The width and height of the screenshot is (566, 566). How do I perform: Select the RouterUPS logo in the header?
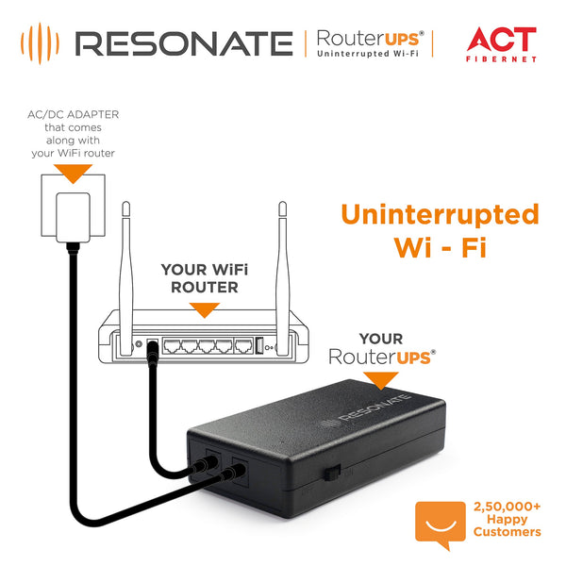tap(369, 43)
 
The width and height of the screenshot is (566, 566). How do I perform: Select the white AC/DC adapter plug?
tap(72, 216)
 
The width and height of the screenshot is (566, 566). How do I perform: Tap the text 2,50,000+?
tap(508, 507)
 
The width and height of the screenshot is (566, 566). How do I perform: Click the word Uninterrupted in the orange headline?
tap(440, 214)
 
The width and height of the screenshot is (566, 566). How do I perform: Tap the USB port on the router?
tap(259, 346)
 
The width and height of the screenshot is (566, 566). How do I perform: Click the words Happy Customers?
tap(508, 525)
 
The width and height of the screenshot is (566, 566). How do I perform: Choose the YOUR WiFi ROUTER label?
tap(199, 277)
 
